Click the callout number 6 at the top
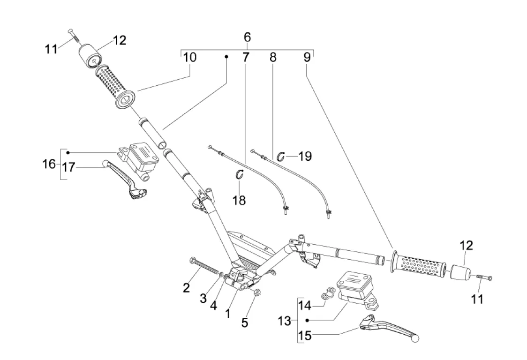(247, 37)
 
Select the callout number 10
(190, 58)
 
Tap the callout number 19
(305, 156)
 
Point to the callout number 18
(239, 201)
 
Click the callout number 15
(305, 337)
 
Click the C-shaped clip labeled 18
(240, 174)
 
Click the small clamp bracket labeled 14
(330, 293)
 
